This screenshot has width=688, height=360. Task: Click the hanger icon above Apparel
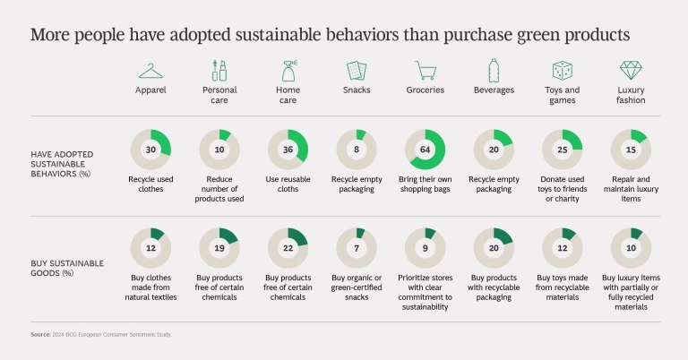(x=150, y=71)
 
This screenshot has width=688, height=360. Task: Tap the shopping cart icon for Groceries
(x=425, y=71)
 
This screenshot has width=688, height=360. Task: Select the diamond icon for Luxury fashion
(x=631, y=71)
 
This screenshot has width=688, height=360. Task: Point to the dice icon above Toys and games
(x=562, y=71)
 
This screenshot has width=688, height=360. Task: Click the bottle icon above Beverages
(x=493, y=71)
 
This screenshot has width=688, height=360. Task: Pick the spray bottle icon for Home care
(x=288, y=71)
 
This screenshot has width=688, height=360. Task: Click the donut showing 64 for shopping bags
(x=425, y=150)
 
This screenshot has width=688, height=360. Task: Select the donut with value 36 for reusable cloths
(x=288, y=150)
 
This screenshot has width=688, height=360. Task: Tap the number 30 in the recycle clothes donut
(x=150, y=150)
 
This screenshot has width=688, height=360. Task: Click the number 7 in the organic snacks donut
(x=357, y=248)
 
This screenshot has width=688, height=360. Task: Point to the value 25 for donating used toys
(x=562, y=150)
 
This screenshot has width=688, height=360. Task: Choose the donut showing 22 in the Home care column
(x=288, y=248)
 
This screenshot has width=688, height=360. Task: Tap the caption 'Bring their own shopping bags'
(x=425, y=184)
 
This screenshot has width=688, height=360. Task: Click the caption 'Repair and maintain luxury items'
(x=631, y=189)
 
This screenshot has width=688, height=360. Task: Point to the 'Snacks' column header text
(x=357, y=90)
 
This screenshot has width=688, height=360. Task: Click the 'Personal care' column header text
(x=219, y=95)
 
